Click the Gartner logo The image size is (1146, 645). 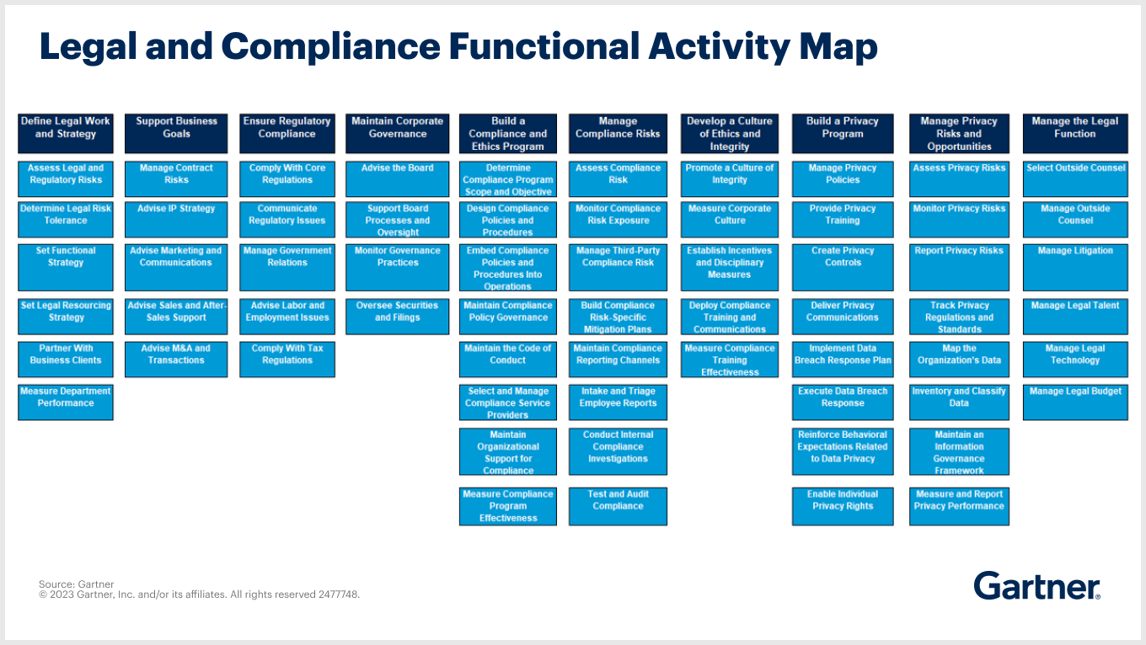point(1036,586)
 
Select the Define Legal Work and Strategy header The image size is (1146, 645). point(66,133)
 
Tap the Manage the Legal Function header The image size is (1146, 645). point(1074,133)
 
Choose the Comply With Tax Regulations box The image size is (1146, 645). point(287,359)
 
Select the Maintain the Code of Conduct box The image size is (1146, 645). point(508,359)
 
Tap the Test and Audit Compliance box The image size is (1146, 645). point(618,506)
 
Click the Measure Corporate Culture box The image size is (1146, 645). point(730,220)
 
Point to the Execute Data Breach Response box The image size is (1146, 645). point(843,402)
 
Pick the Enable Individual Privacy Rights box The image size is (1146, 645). point(843,506)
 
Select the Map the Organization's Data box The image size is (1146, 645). point(959,359)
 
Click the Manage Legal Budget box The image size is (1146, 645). point(1074,402)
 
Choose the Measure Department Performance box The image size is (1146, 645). point(66,402)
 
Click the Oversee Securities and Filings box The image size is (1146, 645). point(398,317)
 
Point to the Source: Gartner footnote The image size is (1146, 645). point(77,584)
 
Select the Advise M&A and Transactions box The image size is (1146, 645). point(176,359)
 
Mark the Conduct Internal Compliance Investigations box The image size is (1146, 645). point(618,452)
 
